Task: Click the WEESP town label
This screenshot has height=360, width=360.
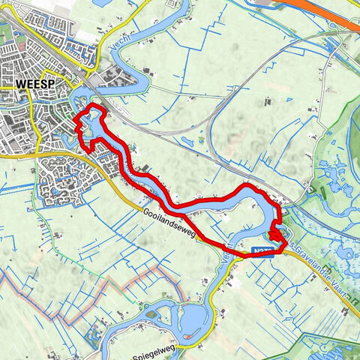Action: point(29,85)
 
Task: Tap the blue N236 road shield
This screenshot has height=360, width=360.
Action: point(259,253)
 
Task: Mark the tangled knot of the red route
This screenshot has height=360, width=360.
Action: point(277,237)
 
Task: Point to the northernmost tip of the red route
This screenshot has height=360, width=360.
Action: point(94,109)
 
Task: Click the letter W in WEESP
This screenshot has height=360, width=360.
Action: point(18,85)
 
